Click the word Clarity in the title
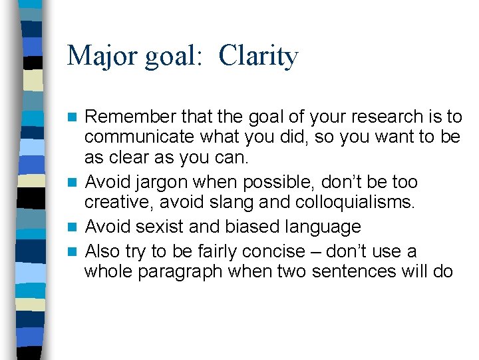coord(258,56)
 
